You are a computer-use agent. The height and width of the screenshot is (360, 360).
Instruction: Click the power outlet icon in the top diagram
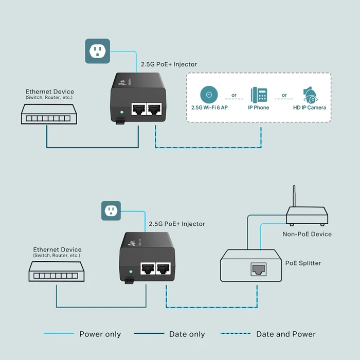[97, 50]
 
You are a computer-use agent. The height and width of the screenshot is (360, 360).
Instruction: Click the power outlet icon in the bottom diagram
[111, 211]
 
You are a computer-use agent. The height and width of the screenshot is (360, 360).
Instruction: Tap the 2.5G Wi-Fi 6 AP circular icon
[209, 95]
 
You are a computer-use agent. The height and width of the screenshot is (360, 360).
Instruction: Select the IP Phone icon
[259, 95]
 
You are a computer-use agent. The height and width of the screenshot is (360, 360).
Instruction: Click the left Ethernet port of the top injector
[138, 109]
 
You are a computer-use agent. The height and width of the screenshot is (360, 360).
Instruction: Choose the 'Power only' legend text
[100, 334]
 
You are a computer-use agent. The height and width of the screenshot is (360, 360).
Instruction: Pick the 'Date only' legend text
[187, 334]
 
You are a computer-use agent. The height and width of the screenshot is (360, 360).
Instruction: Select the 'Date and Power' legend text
[286, 334]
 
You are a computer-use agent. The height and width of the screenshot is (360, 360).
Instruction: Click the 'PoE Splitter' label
[303, 263]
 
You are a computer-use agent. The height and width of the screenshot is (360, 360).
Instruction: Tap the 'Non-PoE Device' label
[307, 234]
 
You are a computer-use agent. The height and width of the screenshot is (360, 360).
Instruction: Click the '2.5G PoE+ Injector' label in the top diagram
[169, 64]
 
